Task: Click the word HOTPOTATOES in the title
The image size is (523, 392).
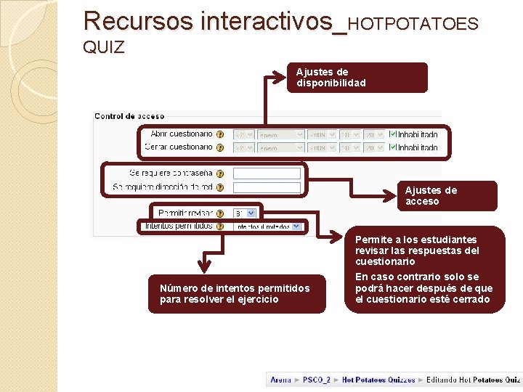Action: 413,24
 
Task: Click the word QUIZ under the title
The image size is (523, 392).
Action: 104,48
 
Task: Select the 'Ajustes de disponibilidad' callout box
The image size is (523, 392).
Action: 361,78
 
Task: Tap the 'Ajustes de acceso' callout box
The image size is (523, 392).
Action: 447,196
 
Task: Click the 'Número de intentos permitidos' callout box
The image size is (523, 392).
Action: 237,293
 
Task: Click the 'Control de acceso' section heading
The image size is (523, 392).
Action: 129,116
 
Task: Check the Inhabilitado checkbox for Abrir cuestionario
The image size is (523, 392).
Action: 393,134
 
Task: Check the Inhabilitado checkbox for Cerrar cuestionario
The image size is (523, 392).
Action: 393,147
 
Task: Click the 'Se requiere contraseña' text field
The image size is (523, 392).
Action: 267,174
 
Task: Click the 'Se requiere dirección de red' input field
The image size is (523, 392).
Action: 267,188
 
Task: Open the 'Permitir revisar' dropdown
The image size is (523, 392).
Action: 245,213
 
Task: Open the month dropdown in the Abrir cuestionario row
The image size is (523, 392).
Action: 280,134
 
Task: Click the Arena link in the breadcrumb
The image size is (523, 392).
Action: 280,380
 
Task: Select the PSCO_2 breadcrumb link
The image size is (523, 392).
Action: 317,380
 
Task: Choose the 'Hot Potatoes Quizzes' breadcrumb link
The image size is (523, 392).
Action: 378,380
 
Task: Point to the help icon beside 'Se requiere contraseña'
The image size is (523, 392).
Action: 219,174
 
